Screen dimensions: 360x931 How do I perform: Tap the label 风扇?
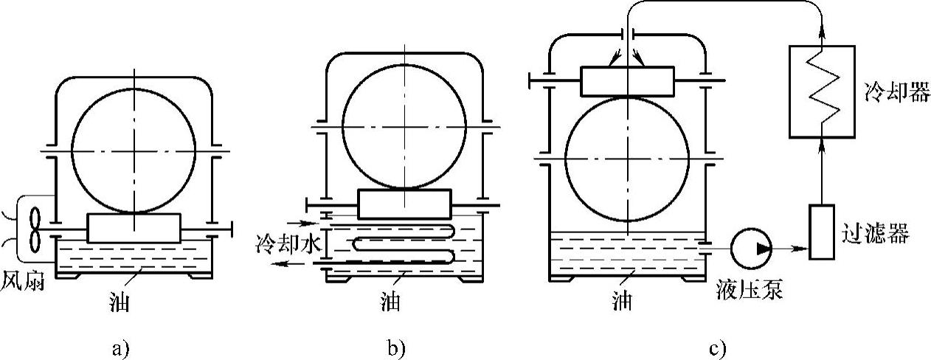click(20, 283)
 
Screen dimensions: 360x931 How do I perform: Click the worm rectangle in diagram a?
click(134, 228)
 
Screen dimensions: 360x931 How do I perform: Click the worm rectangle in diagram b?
click(404, 204)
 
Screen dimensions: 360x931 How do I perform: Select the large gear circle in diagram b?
click(404, 127)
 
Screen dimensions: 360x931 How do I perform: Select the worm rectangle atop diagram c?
click(627, 80)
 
